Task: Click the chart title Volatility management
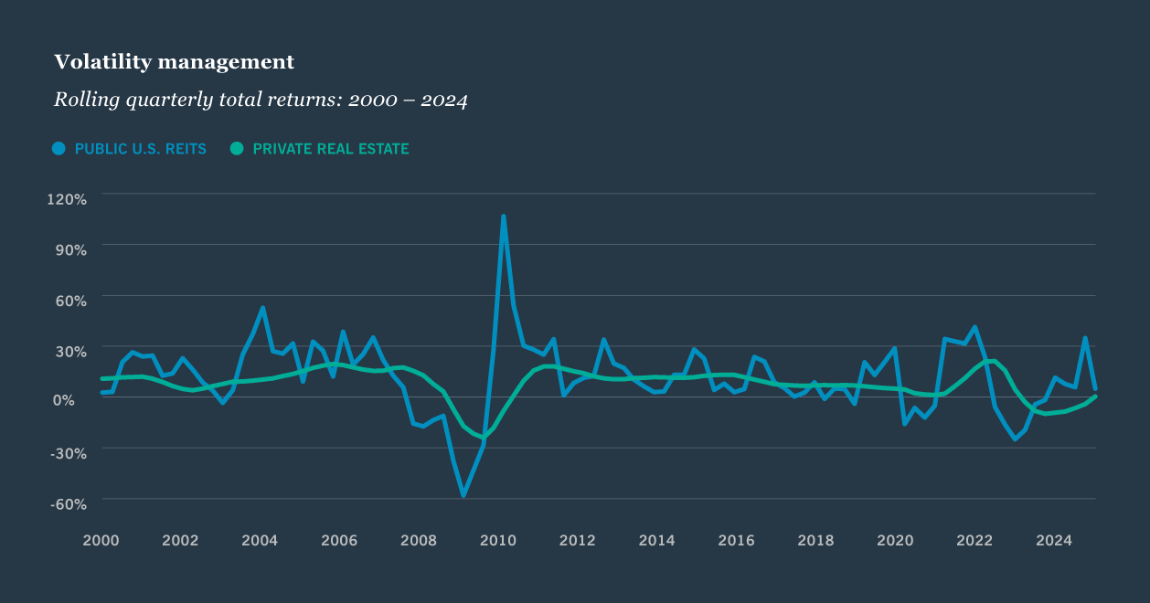pos(174,62)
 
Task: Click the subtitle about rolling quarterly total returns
pos(261,100)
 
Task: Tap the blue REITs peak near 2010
pos(503,217)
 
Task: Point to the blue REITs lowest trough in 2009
pos(463,495)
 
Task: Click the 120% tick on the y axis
pos(67,199)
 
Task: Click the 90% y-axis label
pos(70,249)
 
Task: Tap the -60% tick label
pos(69,503)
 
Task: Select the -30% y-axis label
pos(69,452)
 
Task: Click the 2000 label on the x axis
pos(101,540)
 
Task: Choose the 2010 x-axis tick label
pos(498,540)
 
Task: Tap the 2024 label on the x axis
pos(1054,540)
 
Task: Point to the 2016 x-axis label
pos(737,540)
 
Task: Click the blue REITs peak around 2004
pos(262,308)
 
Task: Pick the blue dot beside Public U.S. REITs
pos(59,149)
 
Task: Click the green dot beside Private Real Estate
pos(237,149)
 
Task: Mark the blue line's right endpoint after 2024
pos(1094,388)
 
